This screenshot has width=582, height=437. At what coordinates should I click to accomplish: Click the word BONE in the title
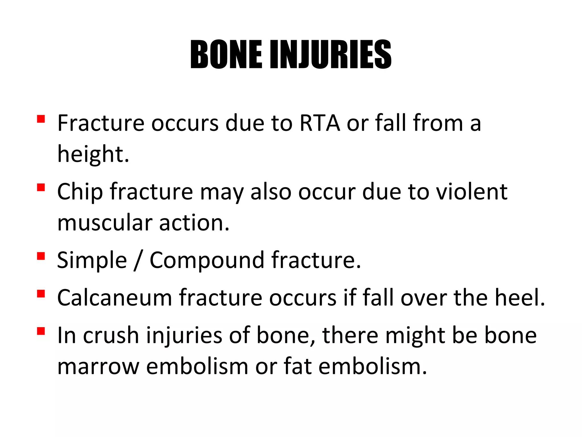(226, 55)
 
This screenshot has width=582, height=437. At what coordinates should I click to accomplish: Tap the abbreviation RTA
(320, 123)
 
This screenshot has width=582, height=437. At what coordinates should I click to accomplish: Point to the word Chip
(80, 192)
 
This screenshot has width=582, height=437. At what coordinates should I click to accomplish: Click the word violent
(472, 191)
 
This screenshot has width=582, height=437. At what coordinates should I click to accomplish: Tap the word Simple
(92, 260)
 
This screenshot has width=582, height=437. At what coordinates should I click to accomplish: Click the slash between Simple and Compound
(138, 260)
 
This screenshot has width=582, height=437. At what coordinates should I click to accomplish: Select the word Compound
(207, 260)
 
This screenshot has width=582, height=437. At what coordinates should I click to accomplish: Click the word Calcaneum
(115, 298)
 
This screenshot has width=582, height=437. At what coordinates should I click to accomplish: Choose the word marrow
(98, 366)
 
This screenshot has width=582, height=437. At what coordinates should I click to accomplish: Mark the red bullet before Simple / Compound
(41, 256)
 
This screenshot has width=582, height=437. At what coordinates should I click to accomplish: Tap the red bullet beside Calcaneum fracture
(41, 293)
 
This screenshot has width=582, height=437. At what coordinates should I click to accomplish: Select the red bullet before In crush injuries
(41, 331)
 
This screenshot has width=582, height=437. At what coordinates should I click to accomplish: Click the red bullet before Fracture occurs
(41, 119)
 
